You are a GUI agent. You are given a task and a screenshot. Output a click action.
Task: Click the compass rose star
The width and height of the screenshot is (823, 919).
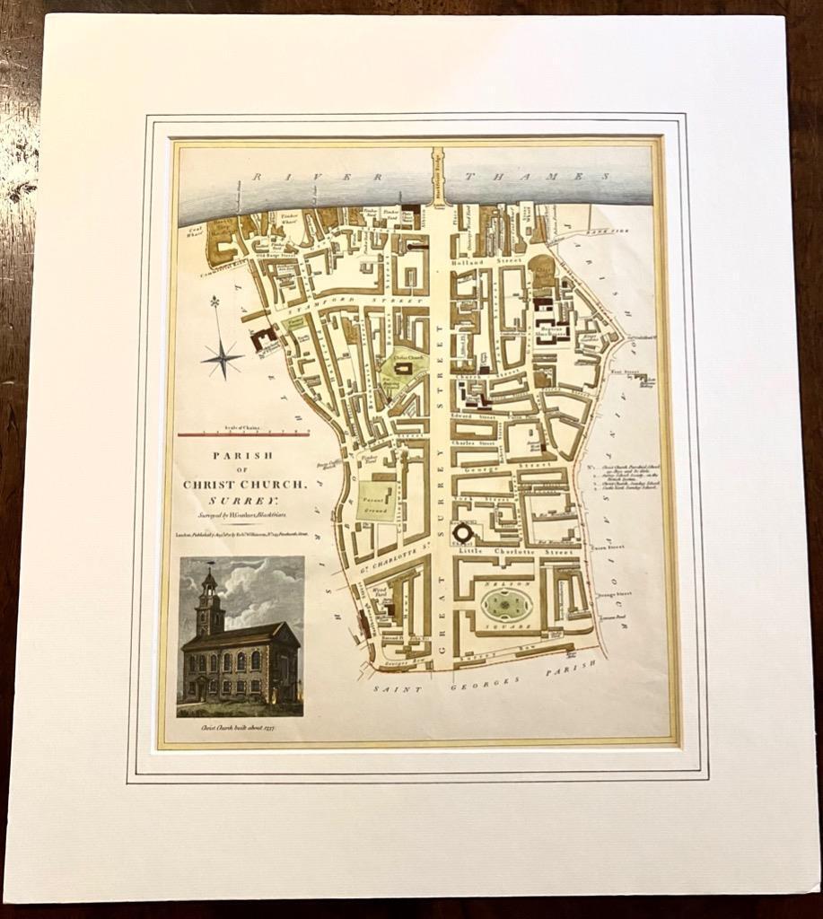tap(220, 356)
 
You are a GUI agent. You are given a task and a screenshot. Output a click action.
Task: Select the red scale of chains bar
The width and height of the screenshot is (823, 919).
tap(243, 434)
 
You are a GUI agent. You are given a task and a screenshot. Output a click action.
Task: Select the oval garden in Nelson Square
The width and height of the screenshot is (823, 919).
tap(507, 604)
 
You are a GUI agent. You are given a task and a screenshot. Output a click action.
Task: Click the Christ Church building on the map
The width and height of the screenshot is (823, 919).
tap(403, 367)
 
